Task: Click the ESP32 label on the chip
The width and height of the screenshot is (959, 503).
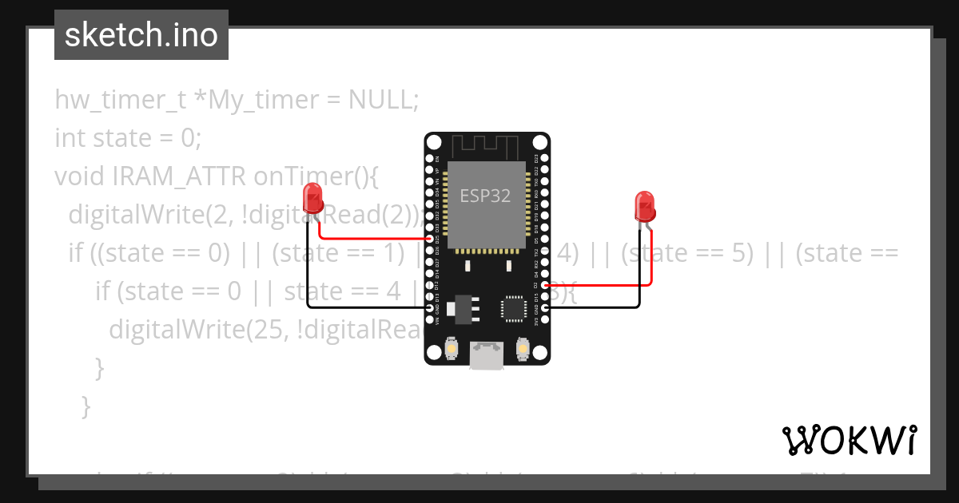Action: pyautogui.click(x=486, y=196)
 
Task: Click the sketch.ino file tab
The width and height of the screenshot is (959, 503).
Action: pyautogui.click(x=141, y=35)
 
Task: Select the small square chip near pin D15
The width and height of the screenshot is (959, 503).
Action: pyautogui.click(x=512, y=307)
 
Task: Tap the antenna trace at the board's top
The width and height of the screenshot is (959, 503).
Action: pyautogui.click(x=487, y=147)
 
